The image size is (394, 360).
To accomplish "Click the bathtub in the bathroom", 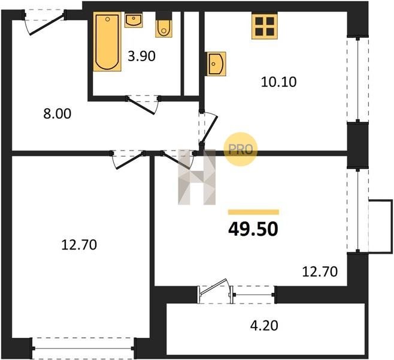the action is (107, 41).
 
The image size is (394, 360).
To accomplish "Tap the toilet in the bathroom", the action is (164, 25).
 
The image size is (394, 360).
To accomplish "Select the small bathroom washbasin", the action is (134, 20).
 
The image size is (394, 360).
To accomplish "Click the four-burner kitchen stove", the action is (265, 26).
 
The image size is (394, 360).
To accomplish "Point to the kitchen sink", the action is (216, 64).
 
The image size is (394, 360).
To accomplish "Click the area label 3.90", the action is (142, 56).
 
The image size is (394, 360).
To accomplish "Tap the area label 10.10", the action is (278, 82).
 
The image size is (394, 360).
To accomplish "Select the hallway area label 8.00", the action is (57, 113).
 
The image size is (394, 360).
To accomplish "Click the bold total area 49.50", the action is (253, 229).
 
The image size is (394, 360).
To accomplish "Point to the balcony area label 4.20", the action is (264, 325).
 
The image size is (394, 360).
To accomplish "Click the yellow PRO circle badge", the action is (241, 149).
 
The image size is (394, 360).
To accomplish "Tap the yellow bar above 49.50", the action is (253, 212).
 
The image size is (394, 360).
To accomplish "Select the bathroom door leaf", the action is (141, 106).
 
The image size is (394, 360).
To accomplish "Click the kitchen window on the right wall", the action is (358, 79).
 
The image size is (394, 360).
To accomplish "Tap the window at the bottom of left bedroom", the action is (83, 349).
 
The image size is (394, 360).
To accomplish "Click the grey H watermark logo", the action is (197, 177).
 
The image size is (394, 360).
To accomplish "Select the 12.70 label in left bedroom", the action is (79, 245).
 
